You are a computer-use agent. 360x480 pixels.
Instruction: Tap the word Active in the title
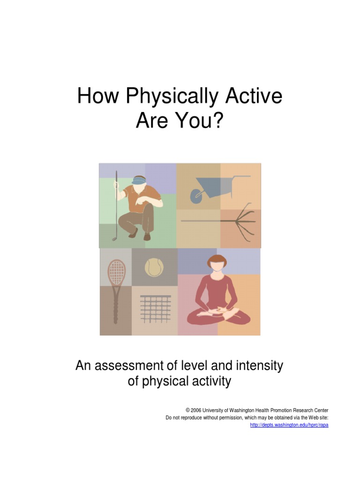tap(253, 96)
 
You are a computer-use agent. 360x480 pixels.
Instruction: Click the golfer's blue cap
tap(139, 180)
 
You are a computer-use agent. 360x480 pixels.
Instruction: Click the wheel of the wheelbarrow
tap(196, 196)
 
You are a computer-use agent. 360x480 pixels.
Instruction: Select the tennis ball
tap(154, 268)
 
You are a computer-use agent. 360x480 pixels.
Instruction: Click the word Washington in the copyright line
tap(249, 411)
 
